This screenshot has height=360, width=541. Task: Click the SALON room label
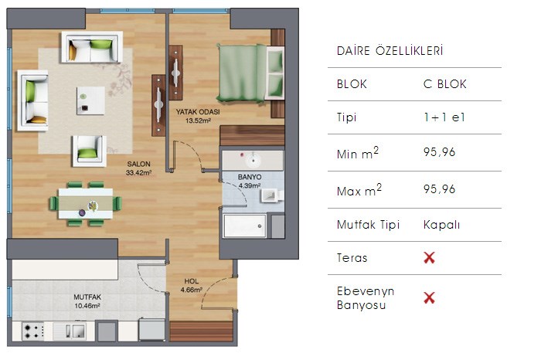pyautogui.click(x=138, y=164)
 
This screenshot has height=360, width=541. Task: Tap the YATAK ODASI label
pyautogui.click(x=198, y=112)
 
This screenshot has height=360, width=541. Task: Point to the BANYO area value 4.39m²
pyautogui.click(x=250, y=185)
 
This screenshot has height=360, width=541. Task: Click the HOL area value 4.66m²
pyautogui.click(x=192, y=290)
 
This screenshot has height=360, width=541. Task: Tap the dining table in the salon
pyautogui.click(x=86, y=203)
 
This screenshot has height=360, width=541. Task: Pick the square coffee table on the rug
pyautogui.click(x=90, y=100)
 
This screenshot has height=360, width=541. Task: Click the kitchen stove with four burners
pyautogui.click(x=33, y=331)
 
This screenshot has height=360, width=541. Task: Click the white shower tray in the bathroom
pyautogui.click(x=245, y=226)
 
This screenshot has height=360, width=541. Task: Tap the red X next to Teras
pyautogui.click(x=429, y=257)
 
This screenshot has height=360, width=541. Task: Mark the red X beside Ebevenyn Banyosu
pyautogui.click(x=429, y=297)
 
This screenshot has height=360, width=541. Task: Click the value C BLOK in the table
pyautogui.click(x=444, y=84)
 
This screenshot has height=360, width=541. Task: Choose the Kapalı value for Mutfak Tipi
pyautogui.click(x=441, y=225)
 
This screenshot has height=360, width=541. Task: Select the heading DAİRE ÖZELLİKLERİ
pyautogui.click(x=390, y=51)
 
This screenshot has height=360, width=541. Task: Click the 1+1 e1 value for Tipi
pyautogui.click(x=444, y=117)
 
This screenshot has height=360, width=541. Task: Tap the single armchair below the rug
pyautogui.click(x=89, y=151)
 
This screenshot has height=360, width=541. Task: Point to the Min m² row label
pyautogui.click(x=358, y=153)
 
